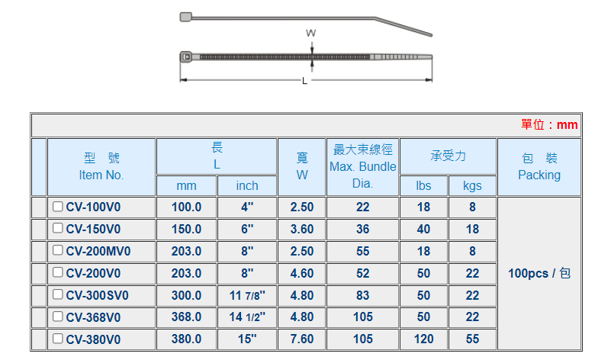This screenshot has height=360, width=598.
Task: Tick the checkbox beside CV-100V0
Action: [58, 207]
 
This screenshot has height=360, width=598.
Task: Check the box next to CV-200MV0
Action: [58, 250]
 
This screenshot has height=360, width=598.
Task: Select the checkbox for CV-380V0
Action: [58, 339]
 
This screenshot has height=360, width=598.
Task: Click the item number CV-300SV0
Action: [98, 296]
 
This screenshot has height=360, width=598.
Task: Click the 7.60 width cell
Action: [302, 339]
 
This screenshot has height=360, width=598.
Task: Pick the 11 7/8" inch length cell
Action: [247, 296]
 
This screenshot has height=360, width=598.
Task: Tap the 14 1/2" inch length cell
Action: [247, 317]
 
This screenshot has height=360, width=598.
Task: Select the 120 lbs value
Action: [424, 339]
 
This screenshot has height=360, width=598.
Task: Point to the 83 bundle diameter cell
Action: [363, 296]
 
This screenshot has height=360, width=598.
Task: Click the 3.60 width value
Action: [302, 229]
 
